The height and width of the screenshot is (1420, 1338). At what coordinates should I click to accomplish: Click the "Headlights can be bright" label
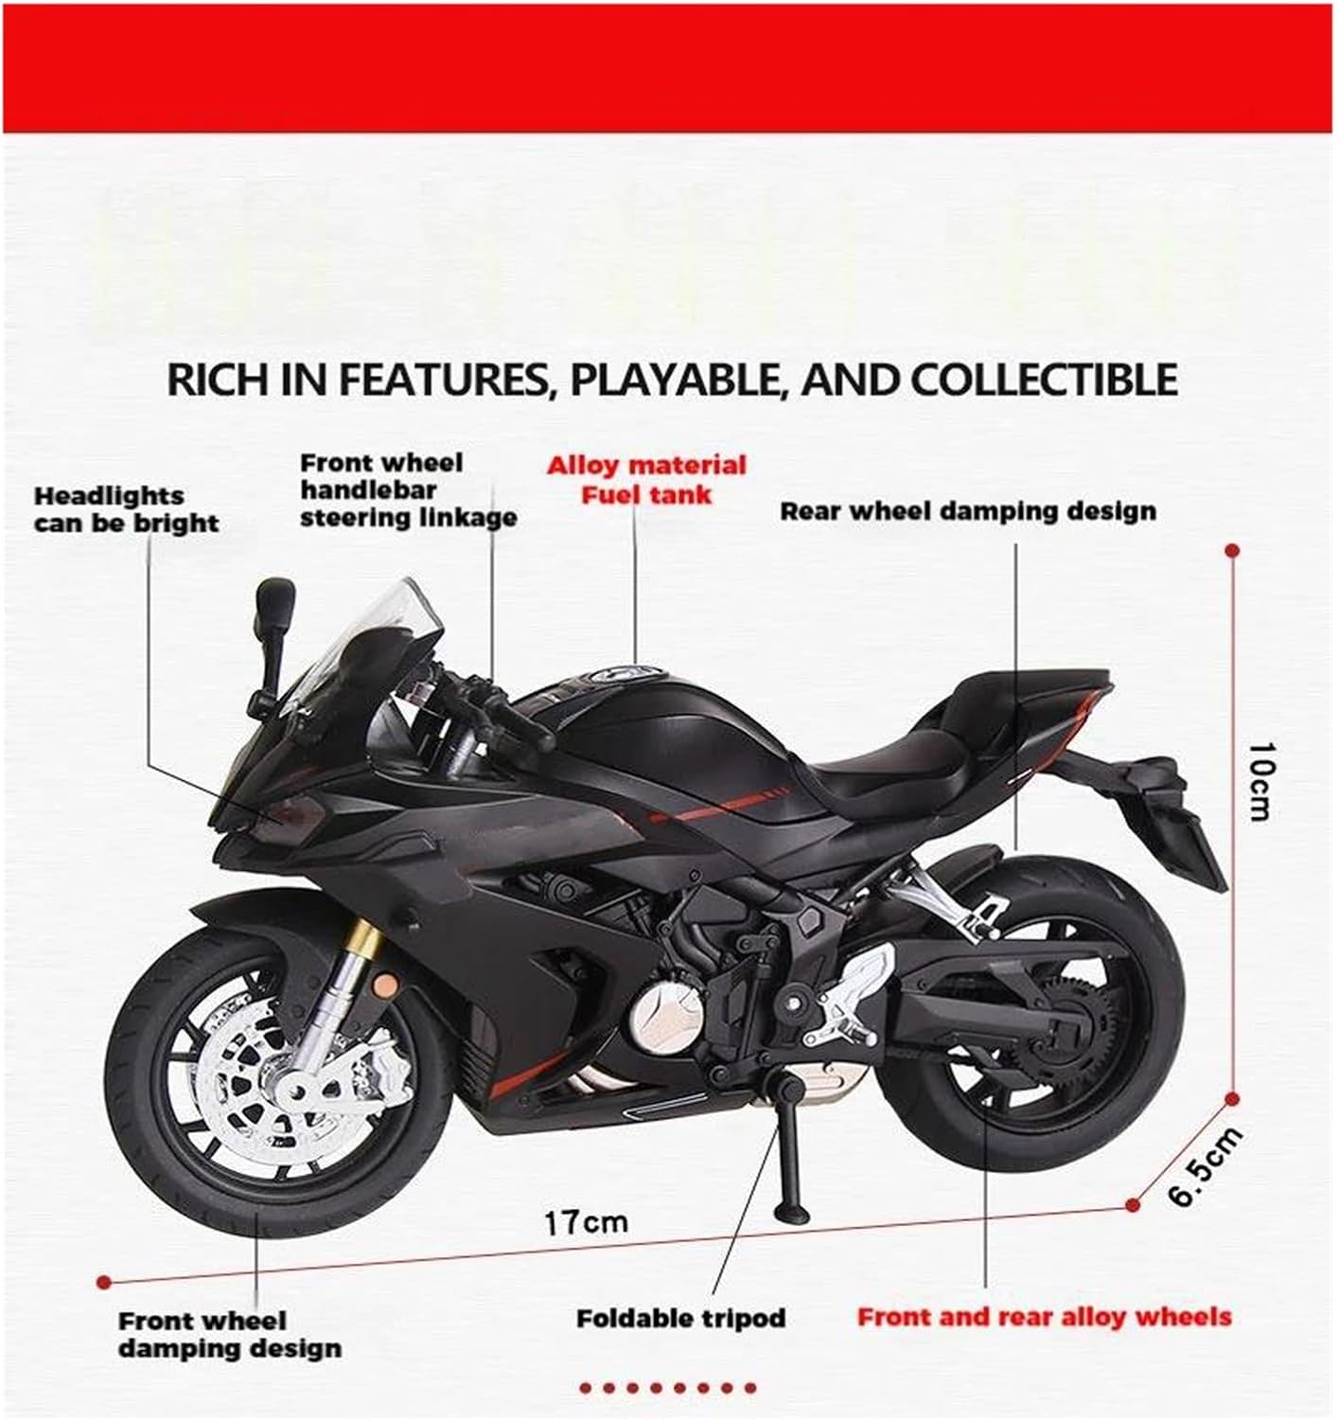click(126, 509)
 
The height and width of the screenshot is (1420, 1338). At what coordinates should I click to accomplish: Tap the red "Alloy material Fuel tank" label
click(646, 479)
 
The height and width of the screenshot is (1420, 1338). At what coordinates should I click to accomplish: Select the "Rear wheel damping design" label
click(967, 511)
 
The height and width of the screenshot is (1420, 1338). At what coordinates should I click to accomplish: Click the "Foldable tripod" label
click(680, 1317)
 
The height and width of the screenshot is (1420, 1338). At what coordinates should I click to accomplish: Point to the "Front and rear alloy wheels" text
click(1044, 1316)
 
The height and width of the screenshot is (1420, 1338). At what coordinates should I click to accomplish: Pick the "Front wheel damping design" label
click(229, 1334)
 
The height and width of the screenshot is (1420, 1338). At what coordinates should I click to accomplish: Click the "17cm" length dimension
click(586, 1222)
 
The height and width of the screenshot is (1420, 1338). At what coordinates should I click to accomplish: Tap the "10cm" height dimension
click(1259, 781)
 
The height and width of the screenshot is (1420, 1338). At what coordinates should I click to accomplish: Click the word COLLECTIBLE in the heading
click(1045, 379)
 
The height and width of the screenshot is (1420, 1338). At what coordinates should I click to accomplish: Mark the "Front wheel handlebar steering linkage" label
click(407, 490)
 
